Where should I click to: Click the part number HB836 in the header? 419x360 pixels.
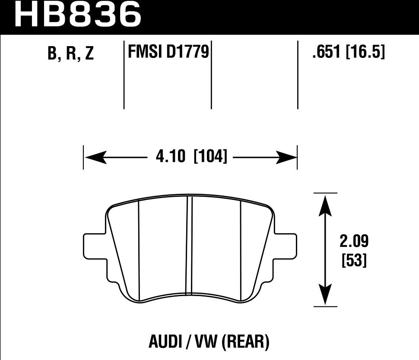coord(78,14)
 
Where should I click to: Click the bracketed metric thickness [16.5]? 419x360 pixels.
coord(365,53)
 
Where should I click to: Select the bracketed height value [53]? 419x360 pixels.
coord(354,260)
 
